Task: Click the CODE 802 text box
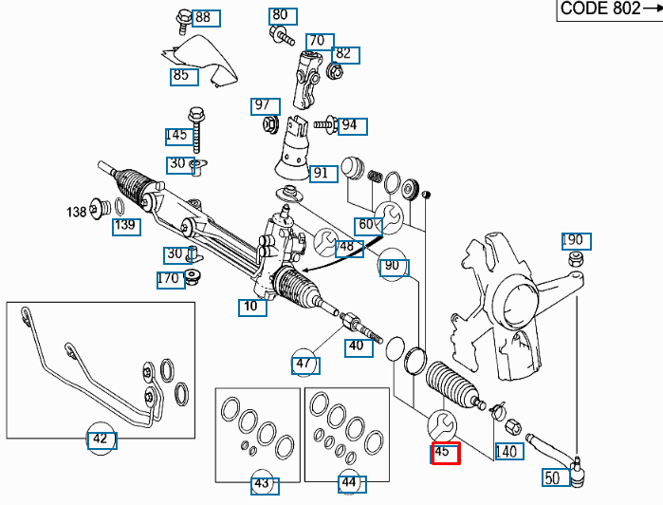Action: (x=608, y=9)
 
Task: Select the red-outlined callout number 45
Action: (x=445, y=454)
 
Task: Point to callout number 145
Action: (x=176, y=135)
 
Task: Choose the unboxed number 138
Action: (x=77, y=211)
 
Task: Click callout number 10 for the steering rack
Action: (x=250, y=307)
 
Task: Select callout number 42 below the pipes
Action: (x=100, y=440)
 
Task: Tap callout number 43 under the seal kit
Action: (x=262, y=484)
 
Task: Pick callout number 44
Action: (x=349, y=484)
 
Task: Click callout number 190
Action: (x=576, y=240)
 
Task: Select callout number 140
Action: (x=507, y=452)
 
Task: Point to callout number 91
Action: (x=322, y=173)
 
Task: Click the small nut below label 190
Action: (x=574, y=260)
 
